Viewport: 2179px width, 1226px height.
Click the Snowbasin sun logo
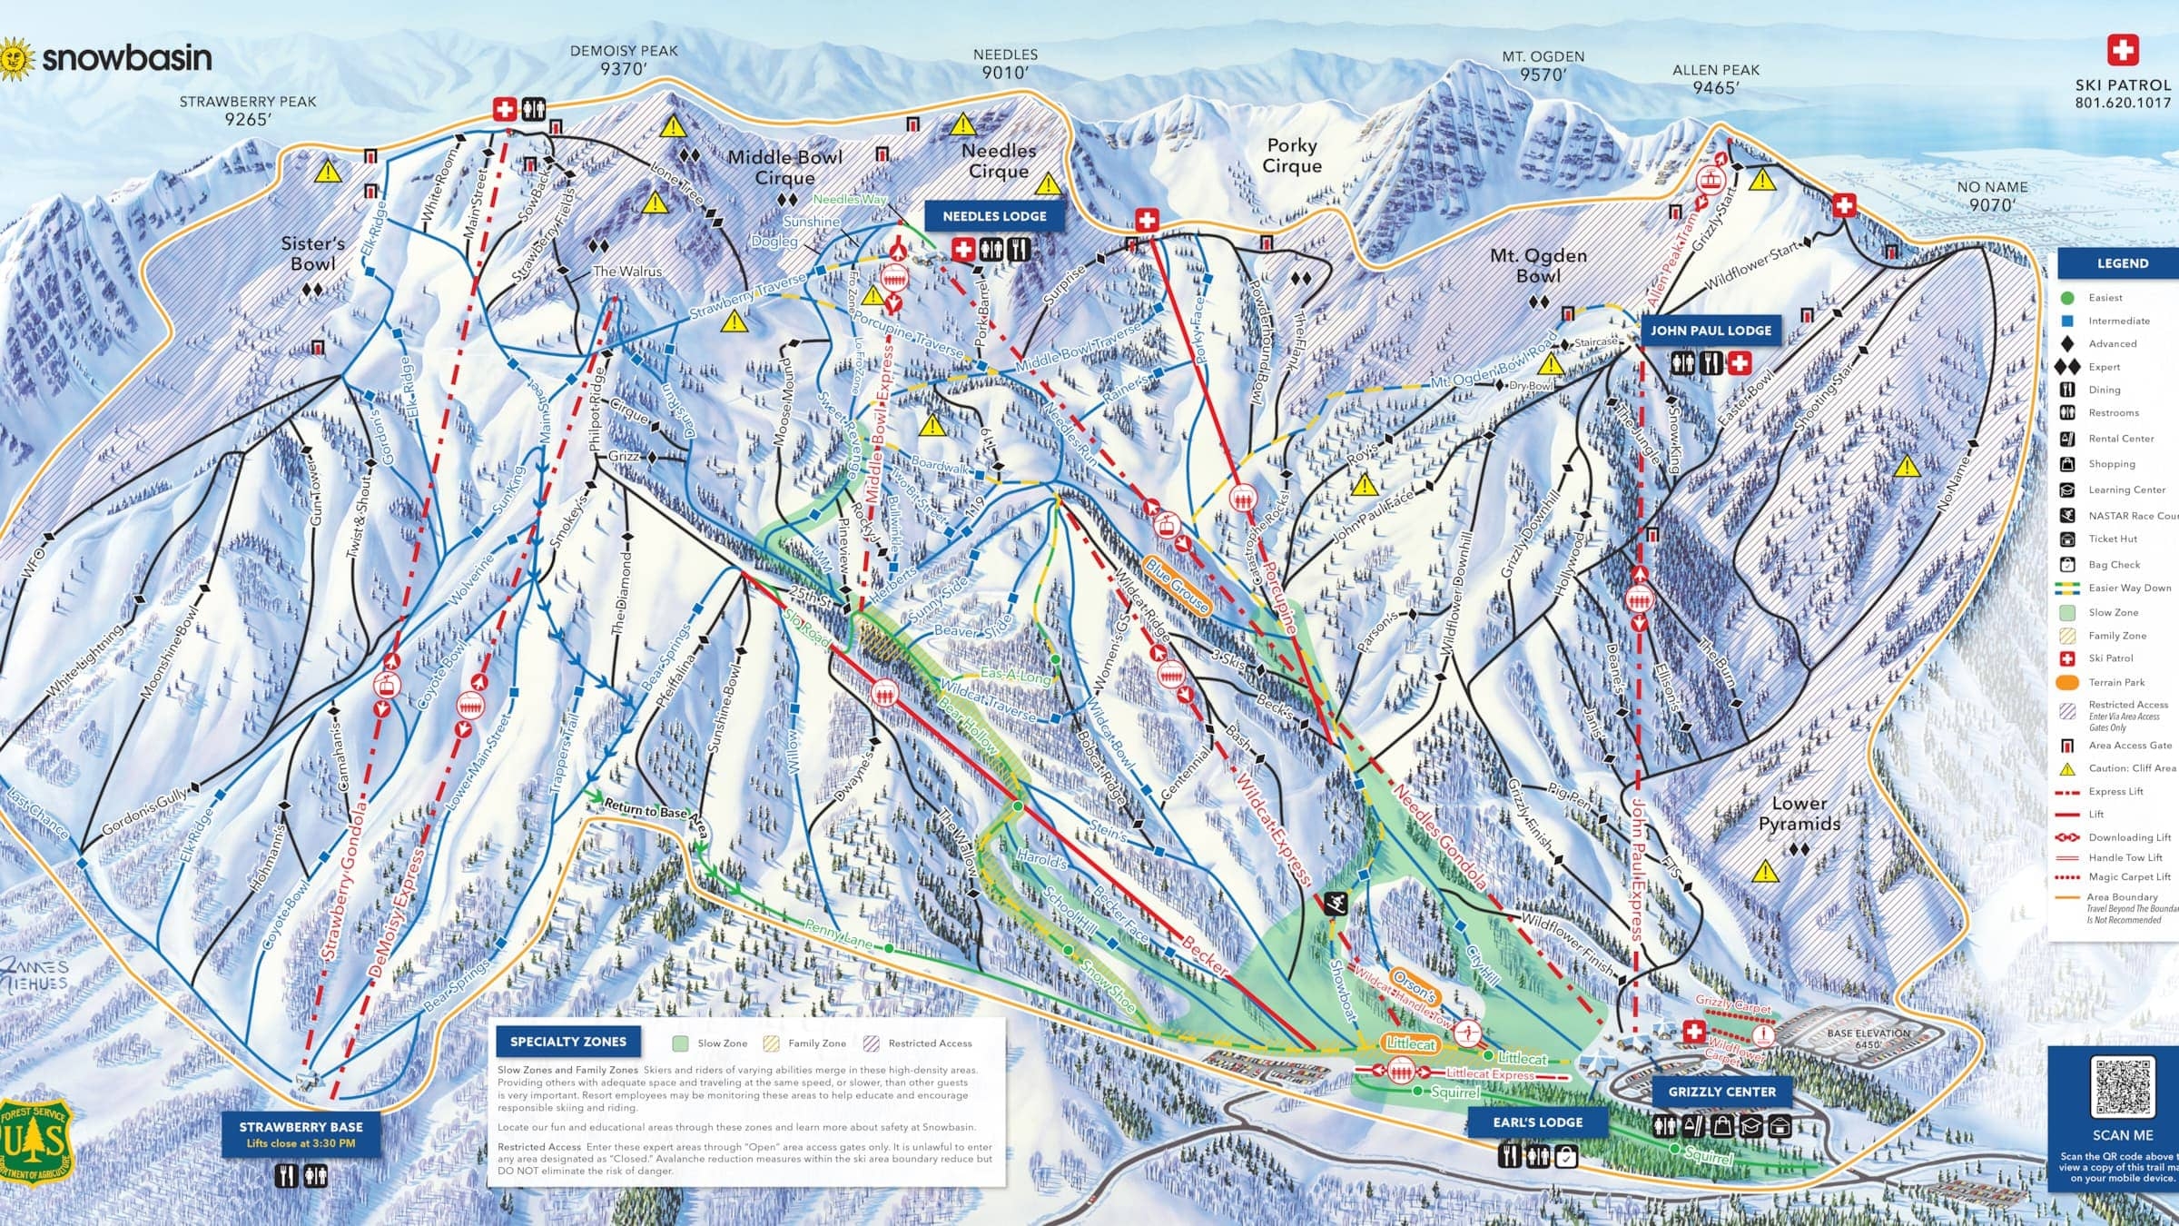[16, 59]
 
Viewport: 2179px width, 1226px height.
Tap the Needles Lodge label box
[994, 216]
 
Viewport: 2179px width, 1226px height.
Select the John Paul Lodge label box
[1710, 331]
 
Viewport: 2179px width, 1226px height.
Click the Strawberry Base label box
[301, 1133]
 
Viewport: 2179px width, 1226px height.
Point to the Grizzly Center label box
[1721, 1092]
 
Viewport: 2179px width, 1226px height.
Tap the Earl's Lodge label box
[1537, 1122]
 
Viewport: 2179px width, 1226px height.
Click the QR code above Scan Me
[2122, 1086]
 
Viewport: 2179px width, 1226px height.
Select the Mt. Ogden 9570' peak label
[1543, 65]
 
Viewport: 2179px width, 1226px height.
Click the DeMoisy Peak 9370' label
[624, 60]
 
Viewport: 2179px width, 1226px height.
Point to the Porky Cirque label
[1292, 155]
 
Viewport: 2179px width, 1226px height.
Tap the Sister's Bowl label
[312, 253]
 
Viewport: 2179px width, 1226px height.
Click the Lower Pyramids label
[1799, 814]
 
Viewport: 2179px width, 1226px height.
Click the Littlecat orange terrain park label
[1410, 1043]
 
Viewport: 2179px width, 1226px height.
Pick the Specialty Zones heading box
[567, 1042]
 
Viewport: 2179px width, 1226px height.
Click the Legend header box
[2122, 263]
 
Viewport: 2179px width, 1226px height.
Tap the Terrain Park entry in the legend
[2115, 682]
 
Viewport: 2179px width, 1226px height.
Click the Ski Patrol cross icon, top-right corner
[2122, 50]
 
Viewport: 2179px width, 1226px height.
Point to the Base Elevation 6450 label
[1868, 1038]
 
